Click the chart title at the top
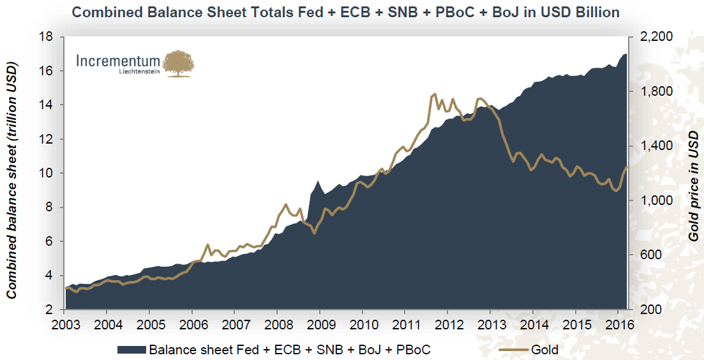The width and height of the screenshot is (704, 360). click(x=345, y=11)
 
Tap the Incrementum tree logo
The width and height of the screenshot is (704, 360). click(x=179, y=64)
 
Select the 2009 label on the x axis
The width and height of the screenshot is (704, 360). click(x=320, y=323)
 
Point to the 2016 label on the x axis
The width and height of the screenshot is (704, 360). click(x=617, y=323)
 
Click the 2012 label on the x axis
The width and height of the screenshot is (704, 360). click(x=447, y=323)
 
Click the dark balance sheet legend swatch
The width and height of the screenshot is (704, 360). click(x=131, y=349)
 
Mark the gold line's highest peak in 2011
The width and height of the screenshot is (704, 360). click(x=435, y=94)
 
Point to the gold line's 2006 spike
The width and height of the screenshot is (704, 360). click(x=207, y=244)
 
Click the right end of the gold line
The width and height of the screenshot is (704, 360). click(x=627, y=167)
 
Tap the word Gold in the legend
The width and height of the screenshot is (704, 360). click(x=544, y=349)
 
